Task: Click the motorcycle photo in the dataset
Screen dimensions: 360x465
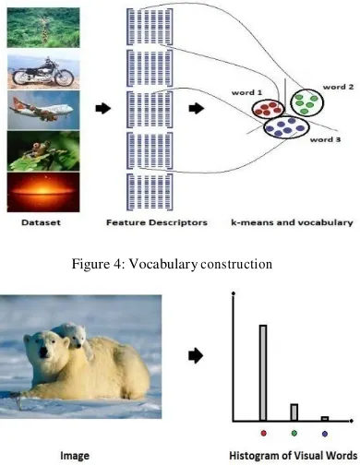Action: [43, 71]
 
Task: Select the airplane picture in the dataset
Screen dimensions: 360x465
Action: [43, 110]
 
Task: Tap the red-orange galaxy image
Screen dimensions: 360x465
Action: [43, 192]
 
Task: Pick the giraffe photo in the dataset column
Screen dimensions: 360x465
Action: [43, 28]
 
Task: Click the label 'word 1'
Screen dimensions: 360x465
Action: [246, 92]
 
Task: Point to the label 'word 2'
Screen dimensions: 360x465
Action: [338, 87]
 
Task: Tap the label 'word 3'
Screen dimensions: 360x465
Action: [325, 139]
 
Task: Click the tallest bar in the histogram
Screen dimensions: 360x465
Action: [263, 373]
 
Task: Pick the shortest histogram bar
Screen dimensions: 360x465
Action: [325, 419]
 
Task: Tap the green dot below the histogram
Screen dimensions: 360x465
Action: [294, 434]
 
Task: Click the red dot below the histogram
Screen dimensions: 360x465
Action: [263, 434]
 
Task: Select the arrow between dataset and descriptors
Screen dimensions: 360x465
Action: [103, 108]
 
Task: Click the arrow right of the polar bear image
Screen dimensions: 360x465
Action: [196, 356]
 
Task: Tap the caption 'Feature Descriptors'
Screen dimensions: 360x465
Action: [157, 222]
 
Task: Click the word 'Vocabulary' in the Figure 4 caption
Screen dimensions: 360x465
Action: [162, 264]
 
